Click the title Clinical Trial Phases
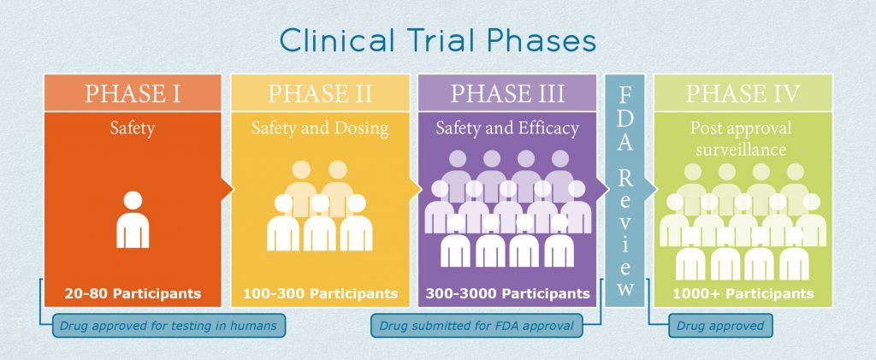(437, 40)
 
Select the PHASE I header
(132, 93)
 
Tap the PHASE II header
(319, 93)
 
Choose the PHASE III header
(507, 93)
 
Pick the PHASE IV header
(743, 93)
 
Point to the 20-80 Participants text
(133, 293)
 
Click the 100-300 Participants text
(319, 293)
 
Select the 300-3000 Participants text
(507, 293)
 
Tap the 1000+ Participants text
(743, 293)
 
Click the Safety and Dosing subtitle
(319, 129)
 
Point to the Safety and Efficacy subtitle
(507, 129)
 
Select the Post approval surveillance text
(743, 139)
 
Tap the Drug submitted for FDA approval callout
(476, 326)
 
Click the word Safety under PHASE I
(132, 129)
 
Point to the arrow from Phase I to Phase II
(228, 189)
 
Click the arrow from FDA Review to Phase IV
(649, 189)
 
